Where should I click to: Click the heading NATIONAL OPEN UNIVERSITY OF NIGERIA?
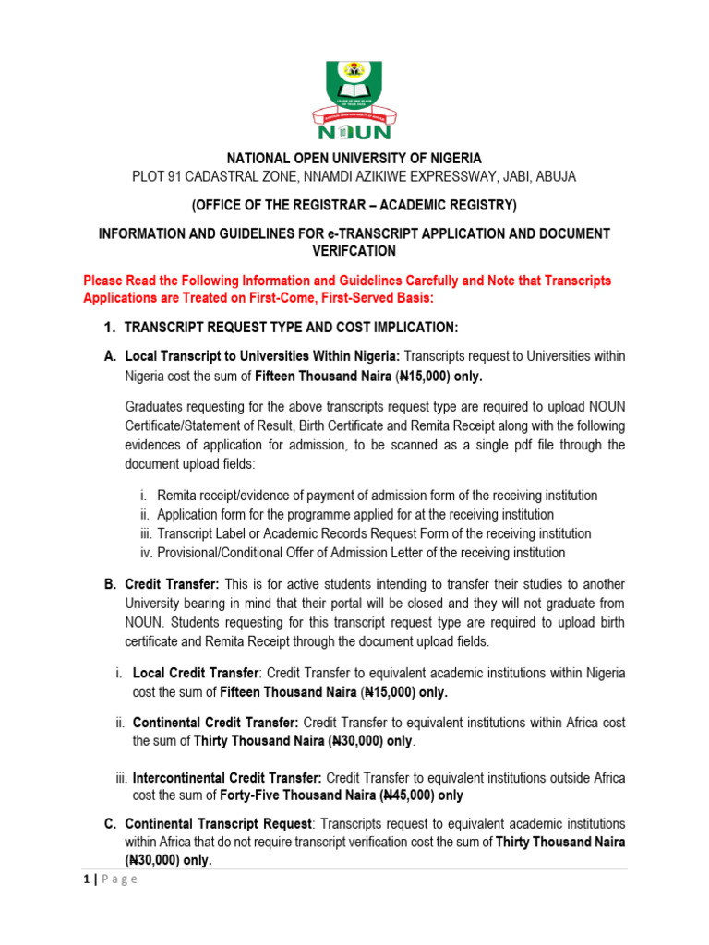click(x=354, y=158)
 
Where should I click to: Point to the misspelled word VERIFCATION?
click(x=354, y=251)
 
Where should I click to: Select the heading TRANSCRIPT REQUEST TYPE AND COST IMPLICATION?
click(x=291, y=328)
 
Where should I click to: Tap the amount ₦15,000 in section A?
click(x=425, y=377)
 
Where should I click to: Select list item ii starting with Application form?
click(x=354, y=514)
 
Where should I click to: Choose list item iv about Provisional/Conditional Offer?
click(x=360, y=553)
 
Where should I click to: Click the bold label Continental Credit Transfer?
click(x=215, y=722)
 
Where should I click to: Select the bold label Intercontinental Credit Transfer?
click(x=227, y=777)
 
